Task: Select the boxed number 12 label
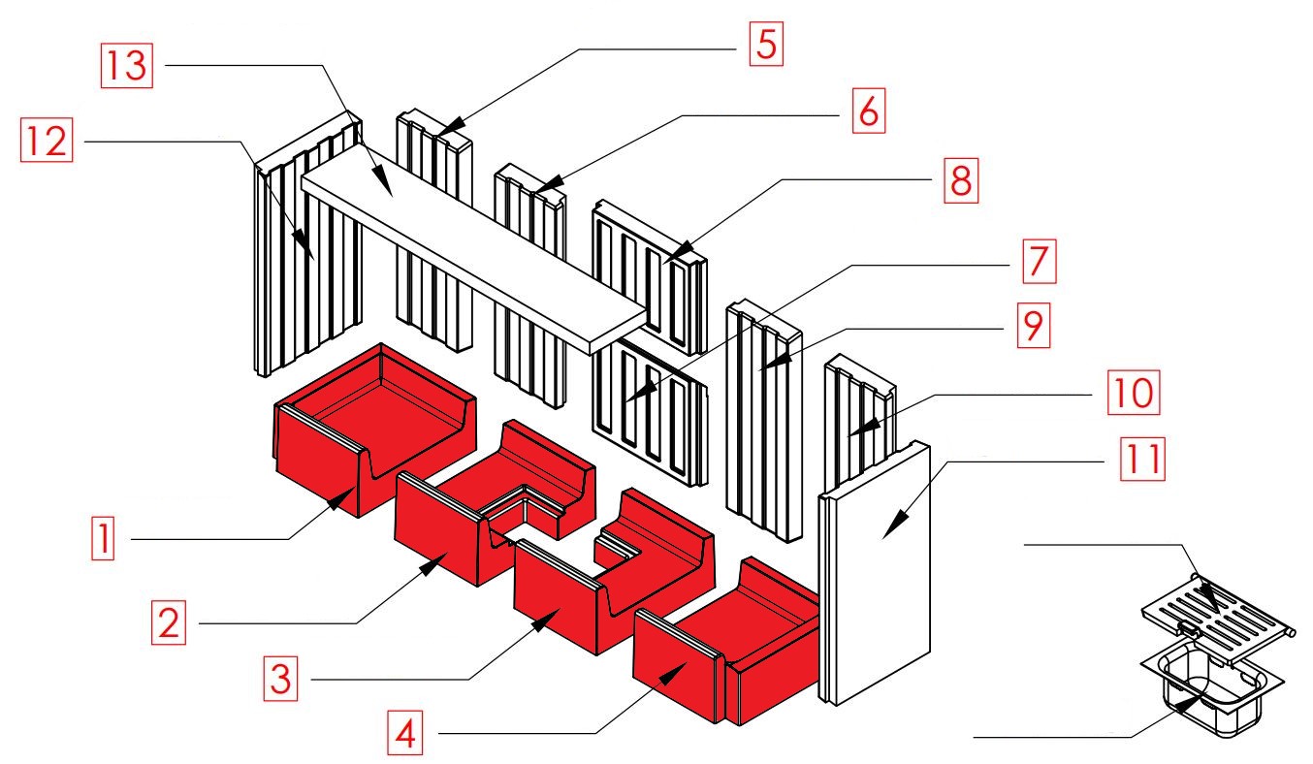pos(46,143)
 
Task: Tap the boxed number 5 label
pos(765,45)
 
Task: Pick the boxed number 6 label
pos(868,112)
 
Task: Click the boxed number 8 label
pos(958,179)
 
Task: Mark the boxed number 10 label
pos(1134,394)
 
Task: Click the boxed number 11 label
pos(1141,462)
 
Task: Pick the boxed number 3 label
pos(280,678)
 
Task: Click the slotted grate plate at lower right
pos(1216,611)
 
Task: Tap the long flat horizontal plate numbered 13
pos(475,252)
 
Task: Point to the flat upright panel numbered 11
pos(878,572)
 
